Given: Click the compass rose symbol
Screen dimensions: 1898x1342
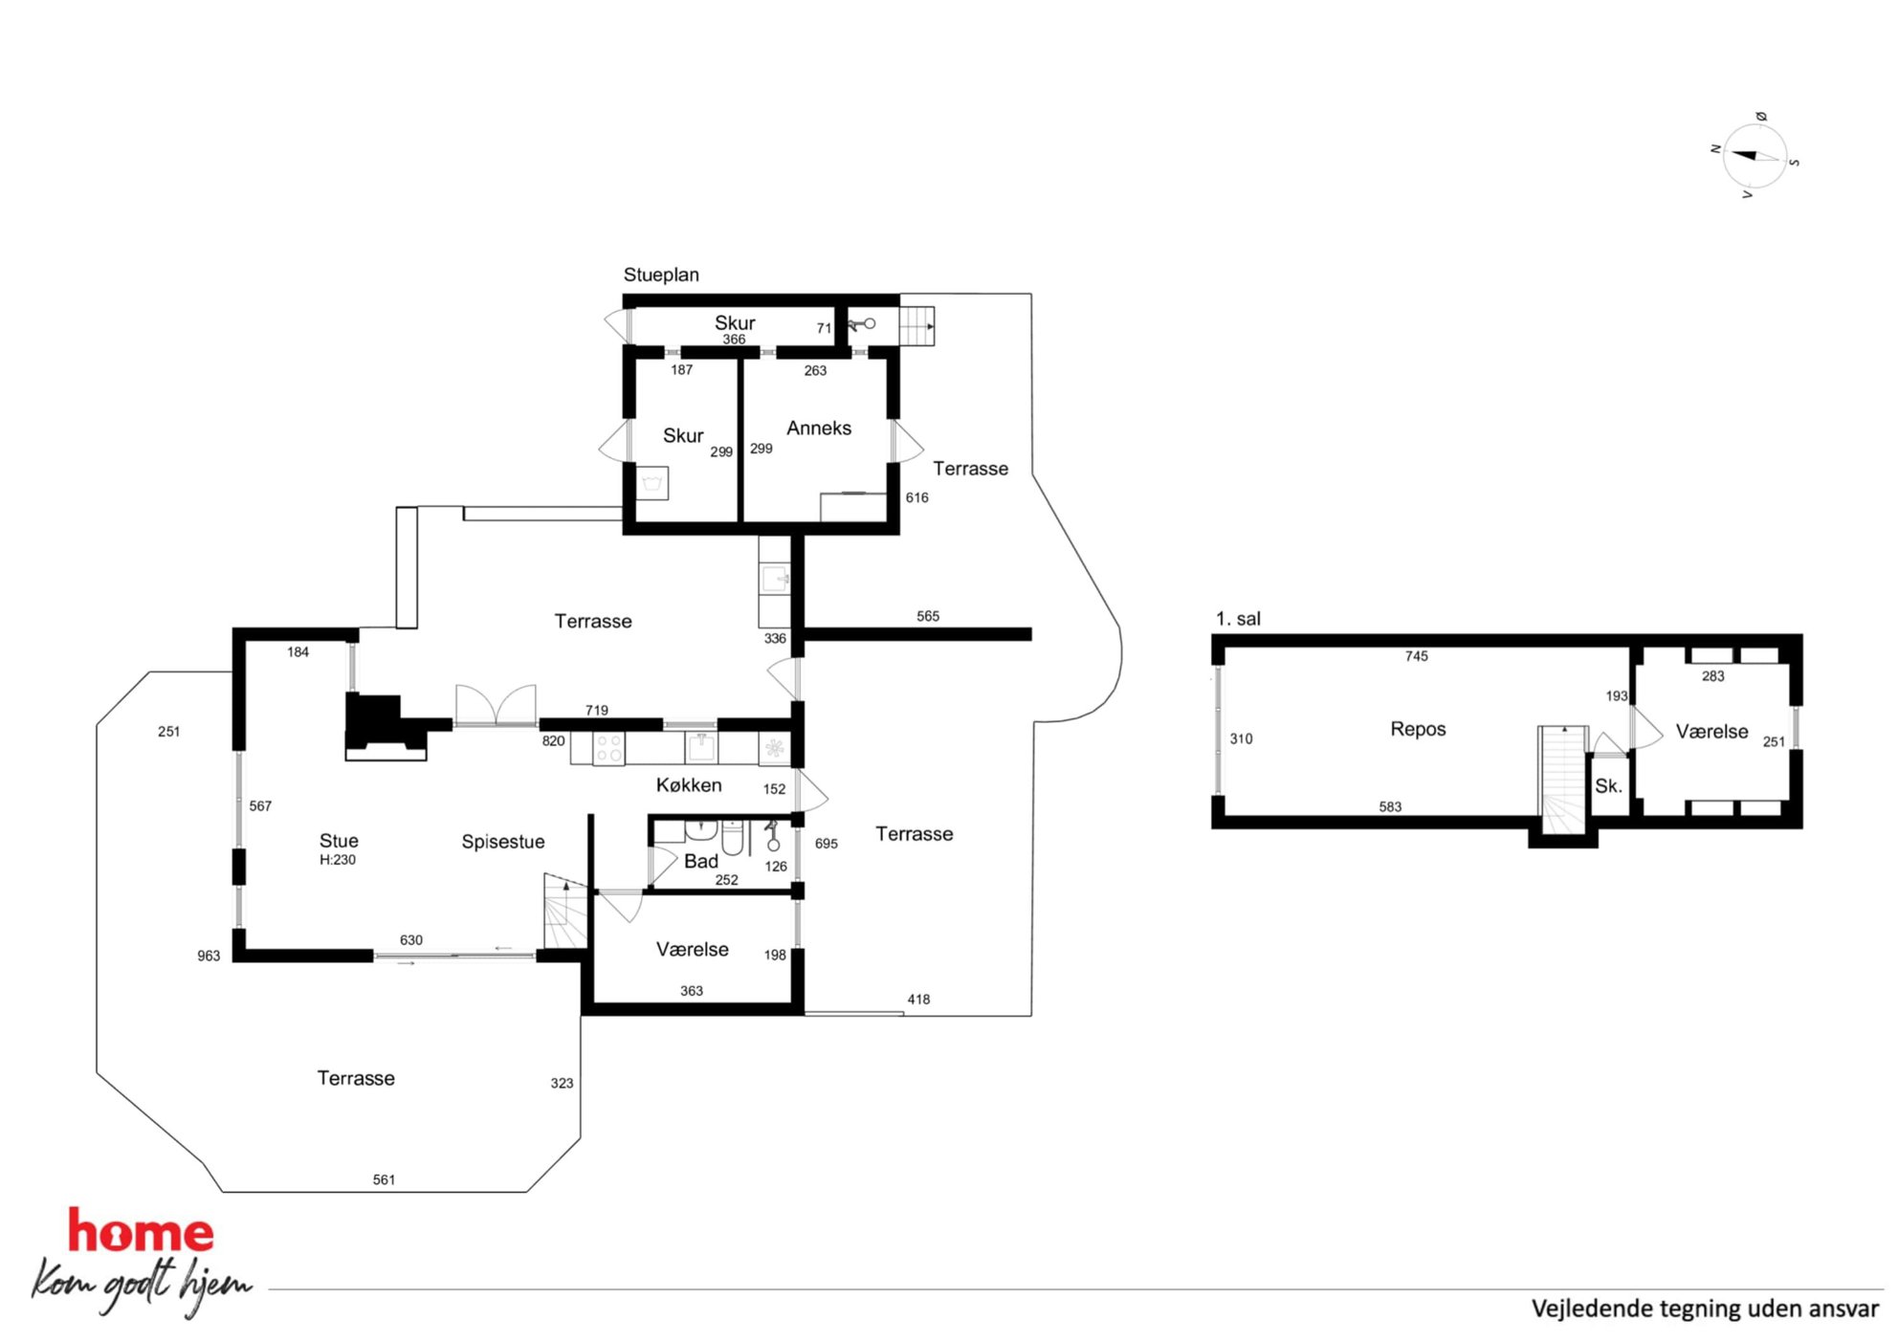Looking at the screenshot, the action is click(x=1755, y=156).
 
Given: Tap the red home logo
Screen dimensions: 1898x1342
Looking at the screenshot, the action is click(x=141, y=1231).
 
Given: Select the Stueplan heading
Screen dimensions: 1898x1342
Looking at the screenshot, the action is click(x=661, y=275).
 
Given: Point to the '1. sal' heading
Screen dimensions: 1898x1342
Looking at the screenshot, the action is click(x=1238, y=619).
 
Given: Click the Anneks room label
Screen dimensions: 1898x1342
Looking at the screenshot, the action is click(x=819, y=428).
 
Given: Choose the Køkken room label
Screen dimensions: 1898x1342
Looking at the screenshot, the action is click(x=689, y=785).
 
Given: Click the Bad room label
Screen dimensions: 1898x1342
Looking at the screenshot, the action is click(x=701, y=861).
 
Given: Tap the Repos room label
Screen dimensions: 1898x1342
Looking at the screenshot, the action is click(x=1418, y=729).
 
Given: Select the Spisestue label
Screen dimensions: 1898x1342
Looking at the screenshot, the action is click(x=503, y=842).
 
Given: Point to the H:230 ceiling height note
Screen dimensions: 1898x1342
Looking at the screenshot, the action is click(x=338, y=860).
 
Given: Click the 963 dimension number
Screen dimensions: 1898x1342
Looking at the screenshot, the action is click(x=209, y=956).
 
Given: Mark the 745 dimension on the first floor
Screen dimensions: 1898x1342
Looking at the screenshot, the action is click(x=1417, y=656).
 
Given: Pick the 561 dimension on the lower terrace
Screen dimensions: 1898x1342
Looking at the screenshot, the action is click(x=384, y=1179).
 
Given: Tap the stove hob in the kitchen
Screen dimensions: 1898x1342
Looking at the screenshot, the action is click(x=609, y=748).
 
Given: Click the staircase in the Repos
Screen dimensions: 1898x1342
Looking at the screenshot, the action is click(x=1562, y=780).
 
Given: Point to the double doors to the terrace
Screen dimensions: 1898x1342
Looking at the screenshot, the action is click(x=496, y=705).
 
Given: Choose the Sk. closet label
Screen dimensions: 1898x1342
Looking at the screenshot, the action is click(x=1608, y=786).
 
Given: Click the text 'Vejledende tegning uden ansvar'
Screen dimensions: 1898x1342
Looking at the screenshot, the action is click(x=1705, y=1309).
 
